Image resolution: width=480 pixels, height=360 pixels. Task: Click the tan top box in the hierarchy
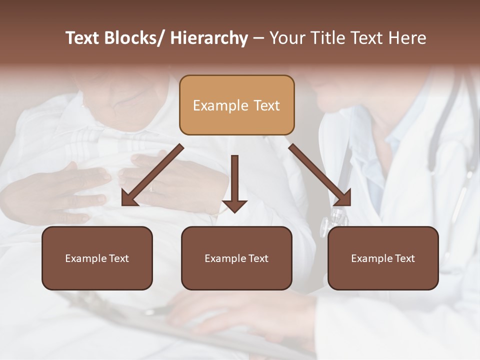(236, 105)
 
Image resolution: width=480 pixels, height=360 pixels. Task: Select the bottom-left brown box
(97, 258)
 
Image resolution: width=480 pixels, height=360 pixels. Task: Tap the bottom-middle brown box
(236, 258)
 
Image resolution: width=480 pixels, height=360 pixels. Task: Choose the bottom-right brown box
(383, 258)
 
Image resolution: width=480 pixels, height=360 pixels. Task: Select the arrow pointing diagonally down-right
(320, 175)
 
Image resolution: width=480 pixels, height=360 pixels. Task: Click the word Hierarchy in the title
(209, 38)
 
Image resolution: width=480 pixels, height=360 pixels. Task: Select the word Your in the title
(286, 38)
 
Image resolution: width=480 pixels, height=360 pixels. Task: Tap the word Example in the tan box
(220, 105)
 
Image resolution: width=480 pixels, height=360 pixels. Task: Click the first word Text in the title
(83, 38)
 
